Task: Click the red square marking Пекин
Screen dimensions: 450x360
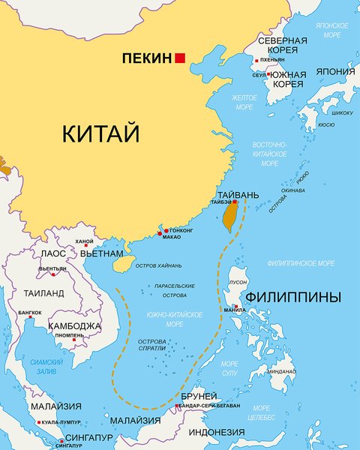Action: tap(180, 57)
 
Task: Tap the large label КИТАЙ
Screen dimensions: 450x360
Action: tap(101, 134)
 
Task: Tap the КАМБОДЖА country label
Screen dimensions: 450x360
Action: tap(74, 326)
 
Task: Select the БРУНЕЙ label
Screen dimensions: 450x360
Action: tap(199, 396)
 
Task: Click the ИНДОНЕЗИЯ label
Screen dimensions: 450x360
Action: tap(216, 433)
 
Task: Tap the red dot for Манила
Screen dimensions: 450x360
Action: tap(238, 304)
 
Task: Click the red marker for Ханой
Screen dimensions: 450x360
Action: tap(86, 245)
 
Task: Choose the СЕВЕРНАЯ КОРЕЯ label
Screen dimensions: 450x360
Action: tap(282, 44)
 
